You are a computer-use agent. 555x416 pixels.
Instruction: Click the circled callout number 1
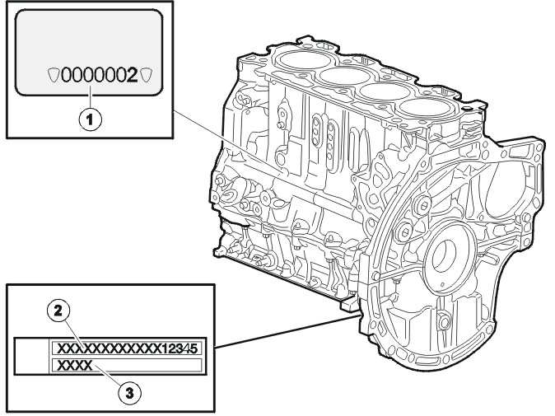pyautogui.click(x=91, y=119)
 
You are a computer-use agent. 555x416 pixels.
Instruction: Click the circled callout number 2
pyautogui.click(x=58, y=311)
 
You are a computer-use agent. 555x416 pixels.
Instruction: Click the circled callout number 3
pyautogui.click(x=129, y=393)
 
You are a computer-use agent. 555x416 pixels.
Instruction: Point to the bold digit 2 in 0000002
pyautogui.click(x=132, y=76)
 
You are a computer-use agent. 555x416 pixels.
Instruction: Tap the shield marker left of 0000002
pyautogui.click(x=54, y=75)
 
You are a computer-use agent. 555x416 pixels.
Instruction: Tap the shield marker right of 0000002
pyautogui.click(x=147, y=75)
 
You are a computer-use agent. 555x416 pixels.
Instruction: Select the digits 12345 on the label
pyautogui.click(x=179, y=348)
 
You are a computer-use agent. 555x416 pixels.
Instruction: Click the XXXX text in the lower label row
pyautogui.click(x=75, y=365)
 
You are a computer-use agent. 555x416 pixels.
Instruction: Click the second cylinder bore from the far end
pyautogui.click(x=341, y=76)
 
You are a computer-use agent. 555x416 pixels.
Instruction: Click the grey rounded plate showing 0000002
pyautogui.click(x=89, y=53)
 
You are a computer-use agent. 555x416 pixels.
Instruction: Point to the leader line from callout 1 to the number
pyautogui.click(x=91, y=97)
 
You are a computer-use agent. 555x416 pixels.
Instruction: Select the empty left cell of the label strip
pyautogui.click(x=31, y=356)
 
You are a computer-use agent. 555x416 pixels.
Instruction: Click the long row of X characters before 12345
pyautogui.click(x=109, y=348)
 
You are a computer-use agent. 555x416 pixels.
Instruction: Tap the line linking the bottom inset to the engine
pyautogui.click(x=288, y=330)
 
